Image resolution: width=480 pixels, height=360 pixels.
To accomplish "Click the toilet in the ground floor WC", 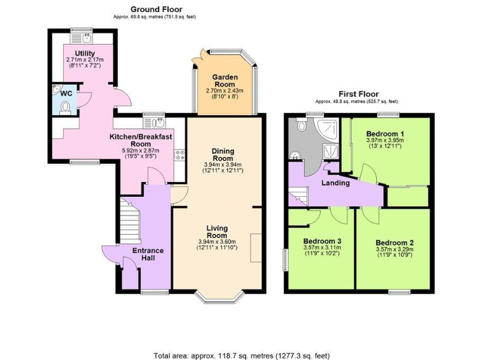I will (65, 107).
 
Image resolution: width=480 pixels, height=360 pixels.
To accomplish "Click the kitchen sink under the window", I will (153, 122).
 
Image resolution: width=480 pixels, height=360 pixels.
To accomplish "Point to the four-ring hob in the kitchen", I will (179, 153).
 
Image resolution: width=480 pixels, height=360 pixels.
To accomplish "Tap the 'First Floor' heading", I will (356, 94).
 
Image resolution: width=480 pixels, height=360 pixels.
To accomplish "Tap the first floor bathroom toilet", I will (302, 126).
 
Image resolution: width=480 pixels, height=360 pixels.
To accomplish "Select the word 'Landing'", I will (335, 183).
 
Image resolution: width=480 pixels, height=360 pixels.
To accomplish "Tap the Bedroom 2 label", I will (394, 243).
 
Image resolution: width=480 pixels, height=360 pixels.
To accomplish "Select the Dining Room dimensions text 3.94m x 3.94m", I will (222, 164).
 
